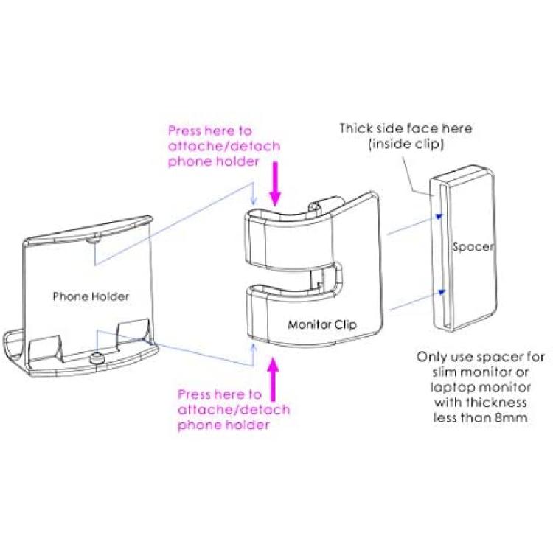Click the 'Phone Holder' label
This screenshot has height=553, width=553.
tap(91, 296)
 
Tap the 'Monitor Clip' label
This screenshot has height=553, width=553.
tap(322, 324)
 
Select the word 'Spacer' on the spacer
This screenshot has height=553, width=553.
tap(473, 247)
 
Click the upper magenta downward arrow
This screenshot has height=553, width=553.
tap(275, 184)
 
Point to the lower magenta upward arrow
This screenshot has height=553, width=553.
tap(273, 379)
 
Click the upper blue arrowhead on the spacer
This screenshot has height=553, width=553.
tap(439, 216)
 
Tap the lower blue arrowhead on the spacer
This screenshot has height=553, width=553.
tap(441, 292)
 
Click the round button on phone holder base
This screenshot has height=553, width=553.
tap(96, 358)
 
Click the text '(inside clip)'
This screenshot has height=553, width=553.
tap(406, 144)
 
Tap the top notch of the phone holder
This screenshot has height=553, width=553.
tap(93, 240)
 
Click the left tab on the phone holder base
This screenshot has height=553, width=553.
tap(45, 349)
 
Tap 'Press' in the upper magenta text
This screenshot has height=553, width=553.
tap(185, 131)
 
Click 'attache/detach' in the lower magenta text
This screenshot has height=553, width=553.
tap(234, 410)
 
